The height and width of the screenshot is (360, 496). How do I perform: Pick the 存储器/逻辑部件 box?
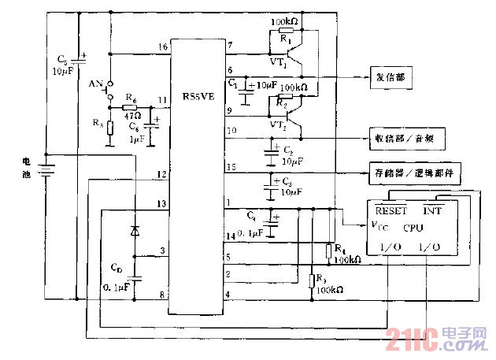point(415,171)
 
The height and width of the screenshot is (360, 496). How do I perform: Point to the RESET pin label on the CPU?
point(391,210)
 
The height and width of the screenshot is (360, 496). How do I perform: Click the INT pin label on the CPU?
point(434,210)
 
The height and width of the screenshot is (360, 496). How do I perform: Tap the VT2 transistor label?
point(277,124)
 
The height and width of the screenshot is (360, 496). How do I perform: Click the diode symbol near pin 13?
point(135,232)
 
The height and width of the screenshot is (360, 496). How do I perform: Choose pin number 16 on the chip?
point(162,48)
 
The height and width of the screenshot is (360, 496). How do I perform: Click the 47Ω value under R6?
point(132,114)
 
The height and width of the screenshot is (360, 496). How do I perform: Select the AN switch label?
point(97,83)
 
